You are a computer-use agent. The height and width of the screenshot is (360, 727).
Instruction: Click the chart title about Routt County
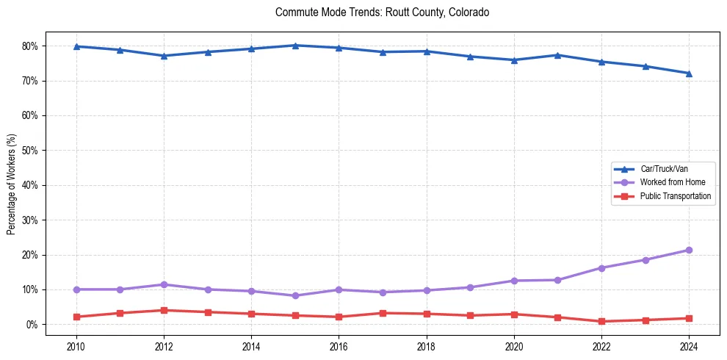click(382, 12)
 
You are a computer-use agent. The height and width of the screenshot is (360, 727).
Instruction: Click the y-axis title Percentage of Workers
click(11, 184)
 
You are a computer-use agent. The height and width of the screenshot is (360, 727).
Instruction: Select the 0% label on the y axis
click(33, 325)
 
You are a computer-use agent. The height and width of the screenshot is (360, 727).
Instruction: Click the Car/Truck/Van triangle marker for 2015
click(294, 46)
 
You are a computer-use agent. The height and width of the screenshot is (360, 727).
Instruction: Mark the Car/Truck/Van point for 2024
click(689, 73)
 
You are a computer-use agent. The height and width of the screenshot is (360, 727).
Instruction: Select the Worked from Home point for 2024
click(689, 250)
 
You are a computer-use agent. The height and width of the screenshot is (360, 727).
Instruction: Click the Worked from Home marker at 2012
click(163, 284)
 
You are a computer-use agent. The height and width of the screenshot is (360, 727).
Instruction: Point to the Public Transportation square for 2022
click(601, 321)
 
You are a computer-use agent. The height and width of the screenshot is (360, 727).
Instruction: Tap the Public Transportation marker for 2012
click(163, 310)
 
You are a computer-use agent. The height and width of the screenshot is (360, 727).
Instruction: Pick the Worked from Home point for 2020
click(514, 281)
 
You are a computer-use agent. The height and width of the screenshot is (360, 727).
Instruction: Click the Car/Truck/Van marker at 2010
click(76, 46)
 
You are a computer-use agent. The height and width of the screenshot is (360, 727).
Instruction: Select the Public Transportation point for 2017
click(383, 313)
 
